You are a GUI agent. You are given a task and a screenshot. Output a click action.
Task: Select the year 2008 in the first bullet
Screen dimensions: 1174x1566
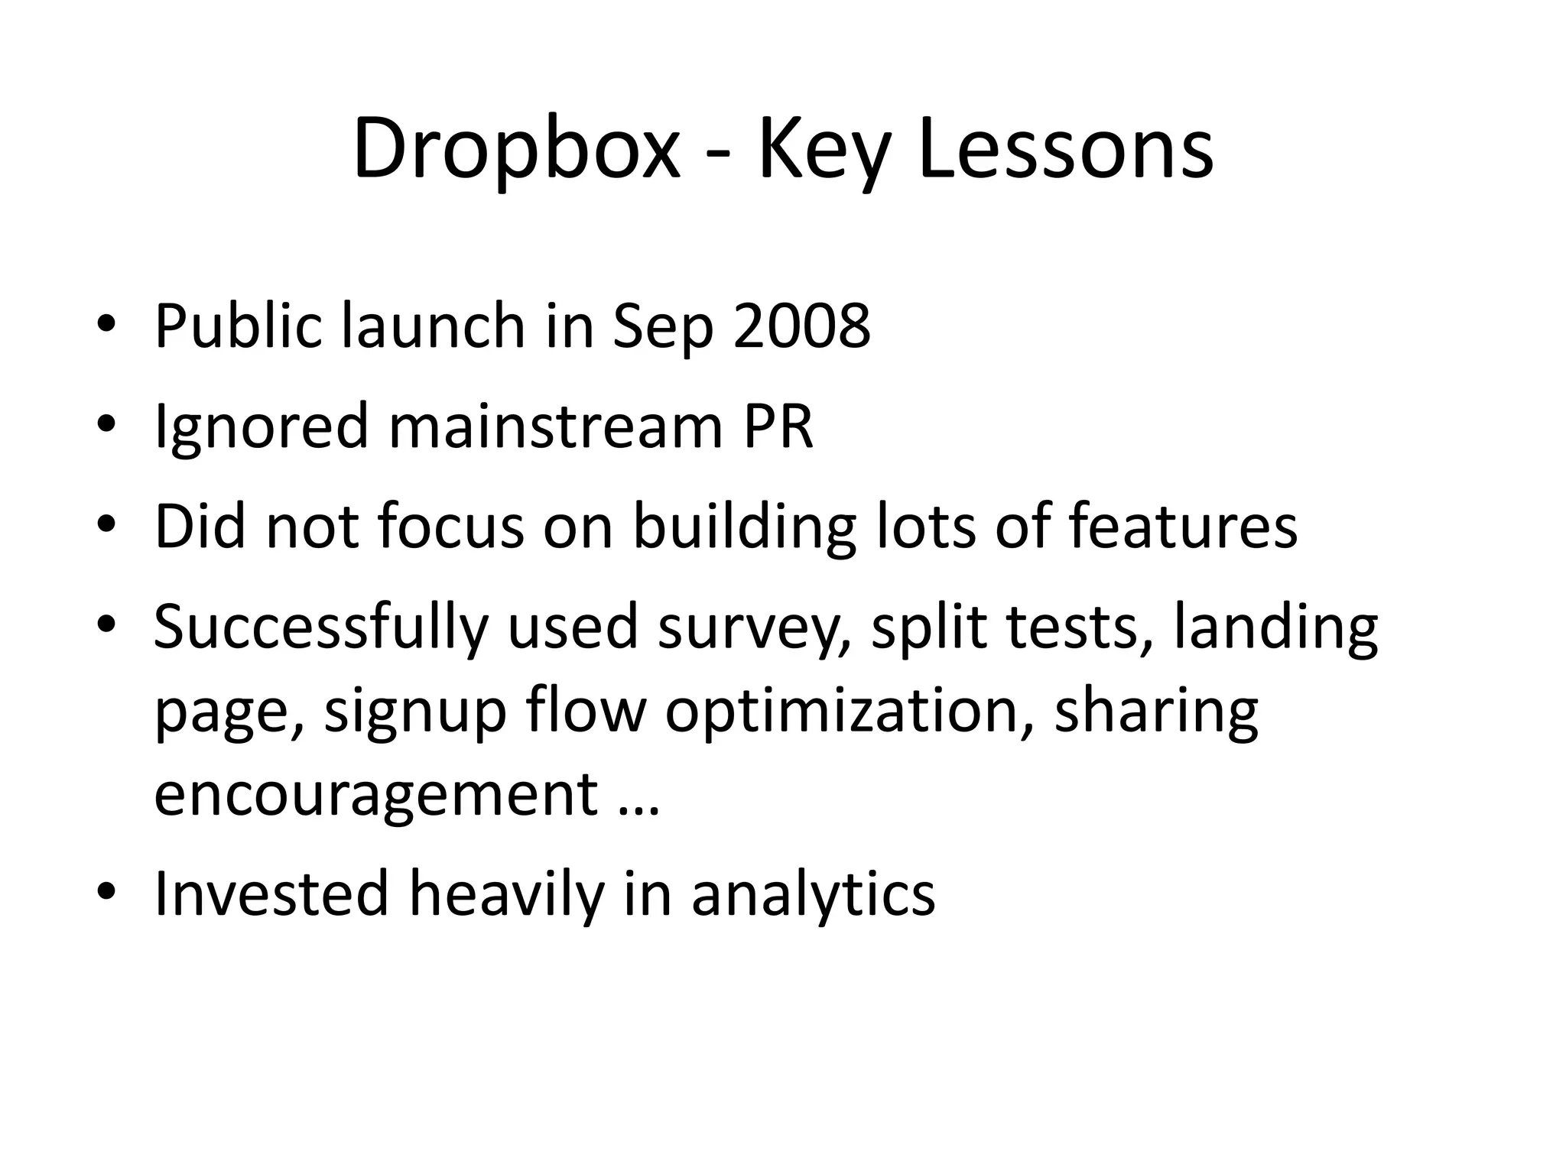click(801, 326)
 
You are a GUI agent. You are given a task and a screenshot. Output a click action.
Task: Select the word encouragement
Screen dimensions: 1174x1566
click(375, 796)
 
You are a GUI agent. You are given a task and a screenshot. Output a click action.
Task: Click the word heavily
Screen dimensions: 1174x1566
click(506, 894)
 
